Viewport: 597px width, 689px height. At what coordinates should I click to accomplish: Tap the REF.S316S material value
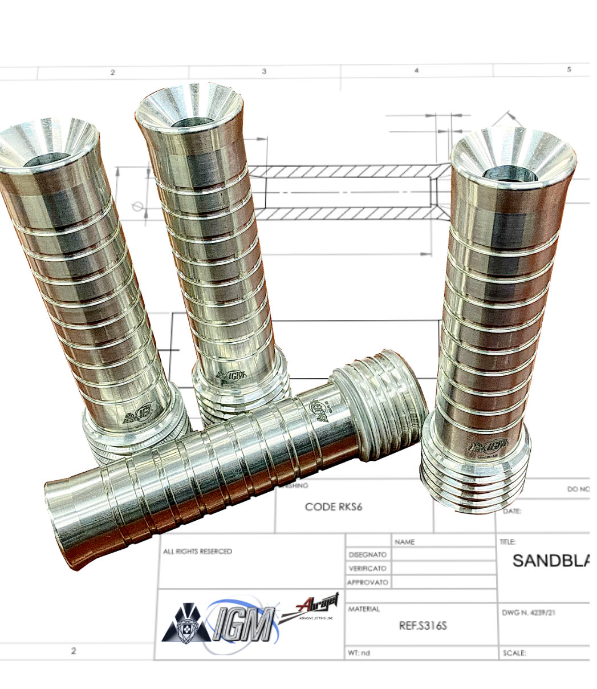422,626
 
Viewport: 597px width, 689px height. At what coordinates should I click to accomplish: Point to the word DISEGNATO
367,554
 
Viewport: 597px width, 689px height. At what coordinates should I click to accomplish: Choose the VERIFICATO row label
367,568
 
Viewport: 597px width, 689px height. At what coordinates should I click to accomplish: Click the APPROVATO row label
367,582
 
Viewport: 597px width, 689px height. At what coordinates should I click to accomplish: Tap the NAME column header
404,541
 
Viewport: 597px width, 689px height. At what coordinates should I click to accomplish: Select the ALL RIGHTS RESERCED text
198,552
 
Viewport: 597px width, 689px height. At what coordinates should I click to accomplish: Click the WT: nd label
359,652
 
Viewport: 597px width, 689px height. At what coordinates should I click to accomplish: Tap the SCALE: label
514,653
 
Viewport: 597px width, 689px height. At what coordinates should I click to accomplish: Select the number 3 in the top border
264,71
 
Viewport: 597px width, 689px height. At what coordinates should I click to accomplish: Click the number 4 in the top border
416,71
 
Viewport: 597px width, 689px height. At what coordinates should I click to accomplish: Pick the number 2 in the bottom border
74,650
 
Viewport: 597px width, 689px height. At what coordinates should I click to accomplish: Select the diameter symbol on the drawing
136,206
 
